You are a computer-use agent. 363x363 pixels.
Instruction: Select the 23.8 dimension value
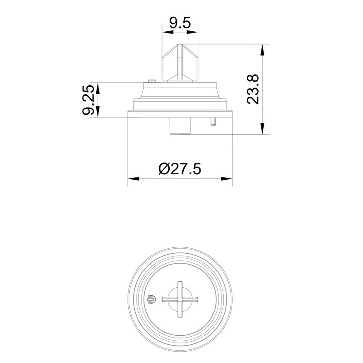(253, 89)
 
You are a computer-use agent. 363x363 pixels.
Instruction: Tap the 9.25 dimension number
(88, 100)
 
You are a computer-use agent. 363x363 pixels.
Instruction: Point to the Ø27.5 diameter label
(180, 169)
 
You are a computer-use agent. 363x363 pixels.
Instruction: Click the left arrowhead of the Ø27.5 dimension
(133, 179)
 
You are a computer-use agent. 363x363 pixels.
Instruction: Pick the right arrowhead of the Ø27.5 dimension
(226, 179)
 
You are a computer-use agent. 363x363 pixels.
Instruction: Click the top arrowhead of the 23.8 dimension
(262, 50)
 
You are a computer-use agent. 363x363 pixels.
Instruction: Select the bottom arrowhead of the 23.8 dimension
(262, 128)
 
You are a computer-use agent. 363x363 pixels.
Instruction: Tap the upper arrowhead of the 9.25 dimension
(98, 88)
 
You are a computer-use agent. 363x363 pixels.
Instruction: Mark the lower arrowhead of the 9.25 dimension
(98, 112)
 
